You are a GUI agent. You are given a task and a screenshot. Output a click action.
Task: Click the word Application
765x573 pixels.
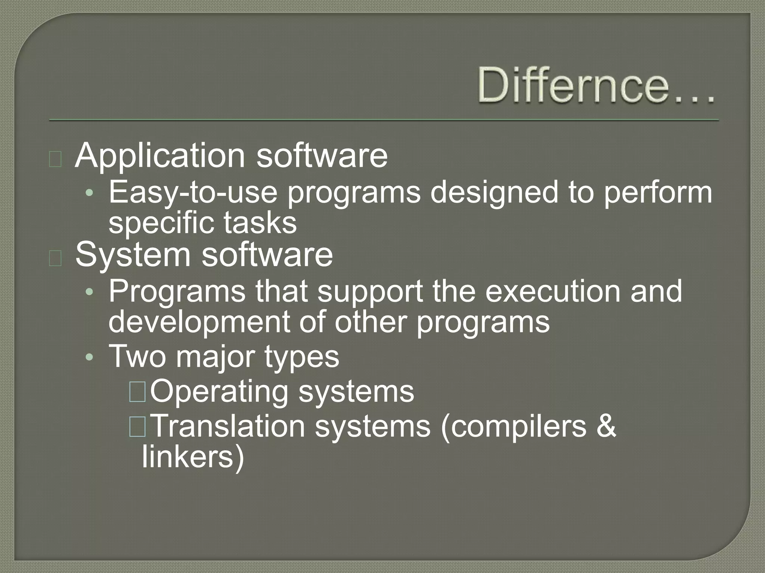pos(160,156)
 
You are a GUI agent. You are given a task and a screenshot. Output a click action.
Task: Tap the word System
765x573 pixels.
pos(133,256)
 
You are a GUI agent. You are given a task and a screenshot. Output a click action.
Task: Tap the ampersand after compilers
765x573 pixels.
pos(606,426)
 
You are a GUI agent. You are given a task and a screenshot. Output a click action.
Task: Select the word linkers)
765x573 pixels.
pos(193,458)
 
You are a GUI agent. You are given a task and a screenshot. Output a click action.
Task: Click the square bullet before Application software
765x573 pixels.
pos(55,160)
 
